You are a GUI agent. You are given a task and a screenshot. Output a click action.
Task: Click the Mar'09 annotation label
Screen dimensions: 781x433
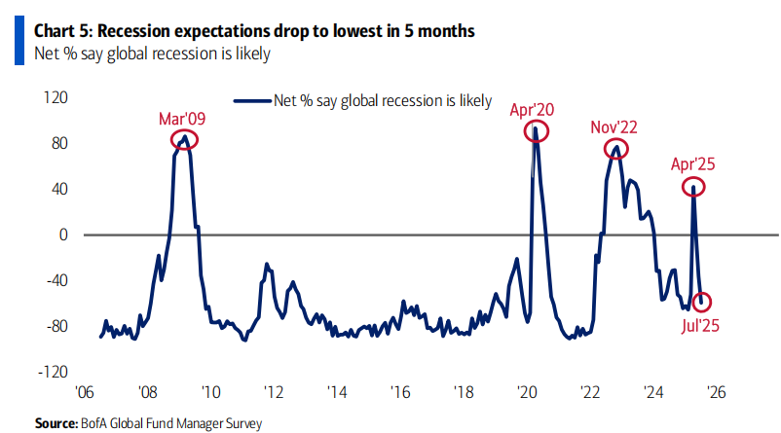182,119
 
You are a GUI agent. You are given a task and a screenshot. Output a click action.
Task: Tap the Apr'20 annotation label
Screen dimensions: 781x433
532,110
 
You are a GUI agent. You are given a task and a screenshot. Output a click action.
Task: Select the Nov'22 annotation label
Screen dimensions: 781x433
614,127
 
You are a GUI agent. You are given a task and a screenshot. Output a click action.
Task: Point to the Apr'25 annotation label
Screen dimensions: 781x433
692,164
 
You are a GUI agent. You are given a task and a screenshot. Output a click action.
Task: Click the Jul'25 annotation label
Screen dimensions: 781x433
700,326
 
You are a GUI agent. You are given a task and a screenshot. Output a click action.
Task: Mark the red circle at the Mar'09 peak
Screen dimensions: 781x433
170,140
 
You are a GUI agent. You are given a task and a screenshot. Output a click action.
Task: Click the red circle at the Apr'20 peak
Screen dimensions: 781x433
526,131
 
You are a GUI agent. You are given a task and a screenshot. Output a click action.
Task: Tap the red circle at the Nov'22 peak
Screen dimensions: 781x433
605,149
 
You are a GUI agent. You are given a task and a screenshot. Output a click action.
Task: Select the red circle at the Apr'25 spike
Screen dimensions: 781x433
683,187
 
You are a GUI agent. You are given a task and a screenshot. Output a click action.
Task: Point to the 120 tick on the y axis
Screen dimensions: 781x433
56,97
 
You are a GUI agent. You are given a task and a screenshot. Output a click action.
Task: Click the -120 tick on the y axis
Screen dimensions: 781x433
53,372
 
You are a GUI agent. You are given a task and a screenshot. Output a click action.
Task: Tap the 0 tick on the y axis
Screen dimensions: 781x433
62,235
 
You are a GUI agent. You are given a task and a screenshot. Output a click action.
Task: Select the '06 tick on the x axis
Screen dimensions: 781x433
84,392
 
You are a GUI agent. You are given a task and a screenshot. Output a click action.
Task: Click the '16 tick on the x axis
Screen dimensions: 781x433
400,392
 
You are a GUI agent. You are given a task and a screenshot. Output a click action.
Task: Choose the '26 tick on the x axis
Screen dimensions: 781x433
717,392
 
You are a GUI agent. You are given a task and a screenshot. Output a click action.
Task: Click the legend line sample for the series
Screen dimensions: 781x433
252,101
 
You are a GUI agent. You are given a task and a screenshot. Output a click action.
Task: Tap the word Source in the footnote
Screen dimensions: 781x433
56,423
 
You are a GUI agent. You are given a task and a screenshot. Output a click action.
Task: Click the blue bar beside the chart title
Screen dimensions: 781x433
19,40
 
